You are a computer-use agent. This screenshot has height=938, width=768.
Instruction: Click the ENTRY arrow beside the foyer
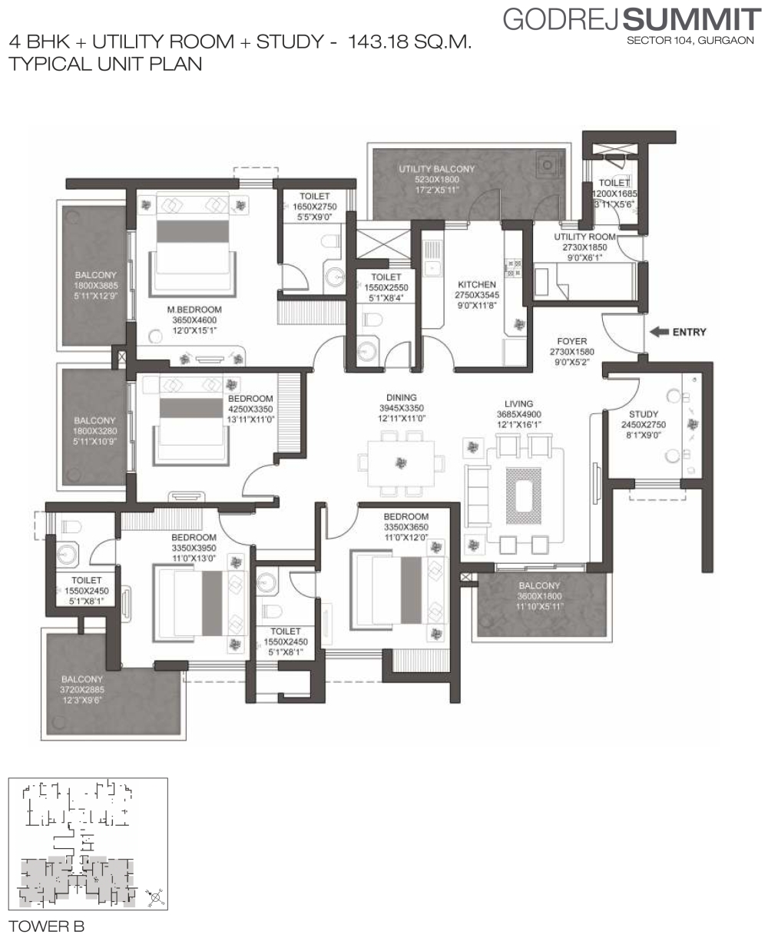pyautogui.click(x=659, y=332)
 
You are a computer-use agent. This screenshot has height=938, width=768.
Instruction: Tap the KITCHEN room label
pyautogui.click(x=477, y=285)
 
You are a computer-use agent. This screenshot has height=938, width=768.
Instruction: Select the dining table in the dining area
pyautogui.click(x=401, y=463)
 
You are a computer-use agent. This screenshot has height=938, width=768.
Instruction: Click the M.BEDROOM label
pyautogui.click(x=194, y=310)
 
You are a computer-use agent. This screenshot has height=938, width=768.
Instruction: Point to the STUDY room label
pyautogui.click(x=643, y=414)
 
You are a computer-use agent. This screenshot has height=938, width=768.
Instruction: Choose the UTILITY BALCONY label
pyautogui.click(x=437, y=169)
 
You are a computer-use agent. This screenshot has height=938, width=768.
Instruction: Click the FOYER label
pyautogui.click(x=572, y=341)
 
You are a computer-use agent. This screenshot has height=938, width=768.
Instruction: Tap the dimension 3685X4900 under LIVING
pyautogui.click(x=518, y=414)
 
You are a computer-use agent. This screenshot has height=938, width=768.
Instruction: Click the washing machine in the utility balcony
pyautogui.click(x=547, y=165)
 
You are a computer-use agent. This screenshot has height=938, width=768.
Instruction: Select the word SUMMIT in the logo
pyautogui.click(x=692, y=21)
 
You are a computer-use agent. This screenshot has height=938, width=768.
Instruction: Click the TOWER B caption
pyautogui.click(x=46, y=926)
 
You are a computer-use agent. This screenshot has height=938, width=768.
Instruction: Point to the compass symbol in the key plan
pyautogui.click(x=156, y=897)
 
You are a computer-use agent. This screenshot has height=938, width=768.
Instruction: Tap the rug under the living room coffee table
pyautogui.click(x=524, y=496)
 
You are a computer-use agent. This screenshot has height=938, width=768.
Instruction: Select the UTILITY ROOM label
pyautogui.click(x=584, y=237)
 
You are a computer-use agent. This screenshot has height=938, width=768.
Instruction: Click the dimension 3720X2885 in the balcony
pyautogui.click(x=82, y=690)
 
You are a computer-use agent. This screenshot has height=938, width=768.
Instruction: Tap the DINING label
pyautogui.click(x=401, y=398)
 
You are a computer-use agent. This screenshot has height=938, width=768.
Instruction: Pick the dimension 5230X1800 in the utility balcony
pyautogui.click(x=437, y=180)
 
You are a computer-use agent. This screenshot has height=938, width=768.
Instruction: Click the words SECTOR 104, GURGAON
pyautogui.click(x=690, y=41)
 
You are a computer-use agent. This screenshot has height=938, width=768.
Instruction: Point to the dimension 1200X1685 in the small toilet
pyautogui.click(x=614, y=194)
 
